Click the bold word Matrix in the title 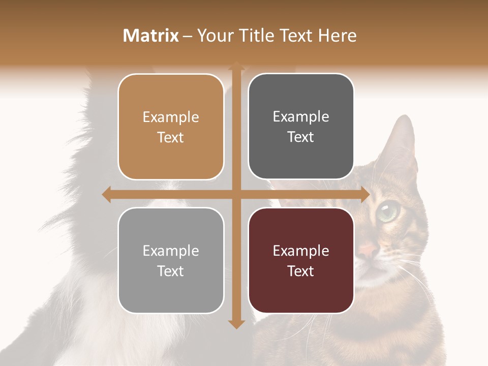point(151,36)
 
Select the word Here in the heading point(337,36)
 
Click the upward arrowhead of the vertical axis point(236,66)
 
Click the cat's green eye point(389,209)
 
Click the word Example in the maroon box point(301,251)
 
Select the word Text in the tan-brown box point(171,137)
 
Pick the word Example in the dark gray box point(301,117)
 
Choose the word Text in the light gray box point(171,271)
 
